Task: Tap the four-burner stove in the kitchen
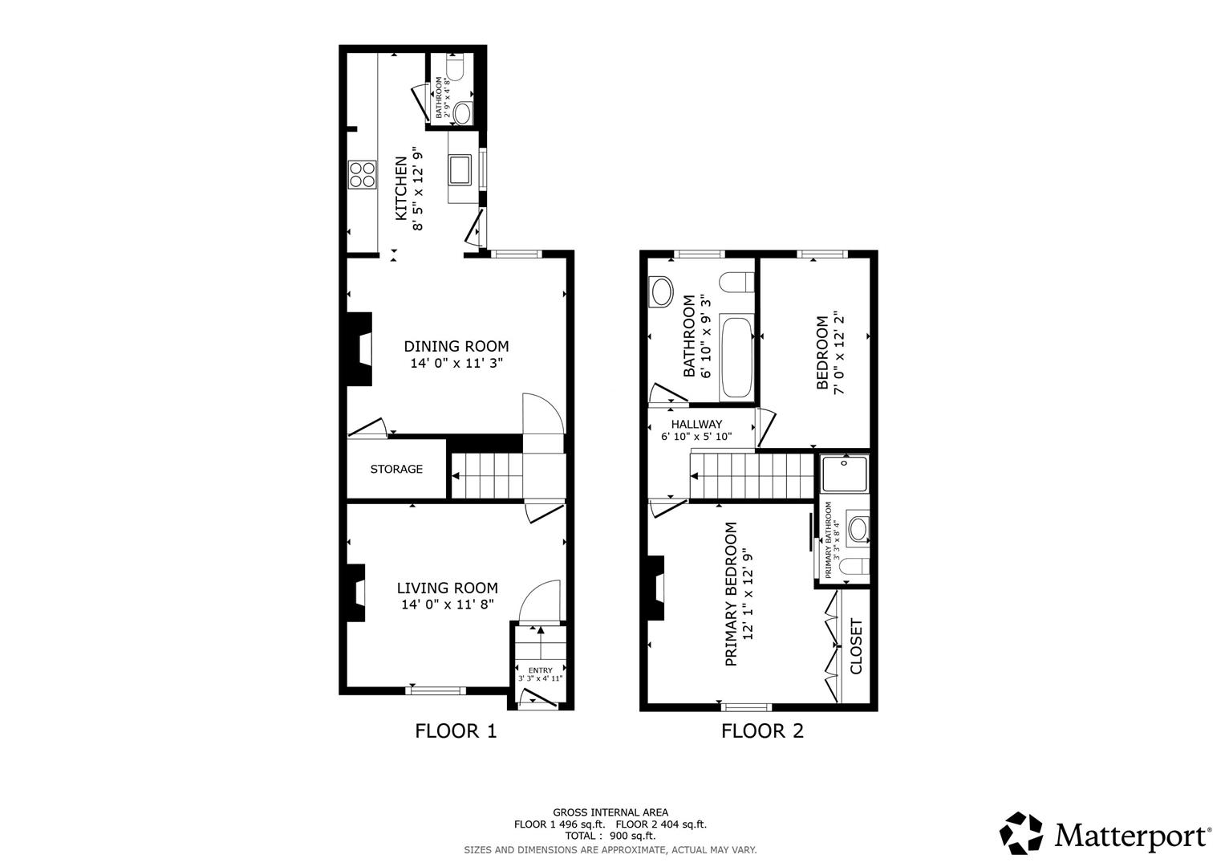click(x=362, y=174)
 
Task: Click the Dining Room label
click(x=456, y=347)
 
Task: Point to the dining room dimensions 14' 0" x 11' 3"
click(x=456, y=364)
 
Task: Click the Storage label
click(x=396, y=469)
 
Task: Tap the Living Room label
click(x=449, y=588)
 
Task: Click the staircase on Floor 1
click(x=486, y=475)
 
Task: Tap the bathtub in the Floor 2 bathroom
click(x=736, y=358)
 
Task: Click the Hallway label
click(x=696, y=424)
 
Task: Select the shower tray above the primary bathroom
click(x=844, y=474)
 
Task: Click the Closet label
click(x=856, y=646)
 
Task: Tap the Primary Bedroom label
click(x=731, y=595)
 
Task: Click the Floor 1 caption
click(x=456, y=731)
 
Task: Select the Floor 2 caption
click(x=762, y=731)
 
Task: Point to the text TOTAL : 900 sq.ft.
click(x=610, y=836)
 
